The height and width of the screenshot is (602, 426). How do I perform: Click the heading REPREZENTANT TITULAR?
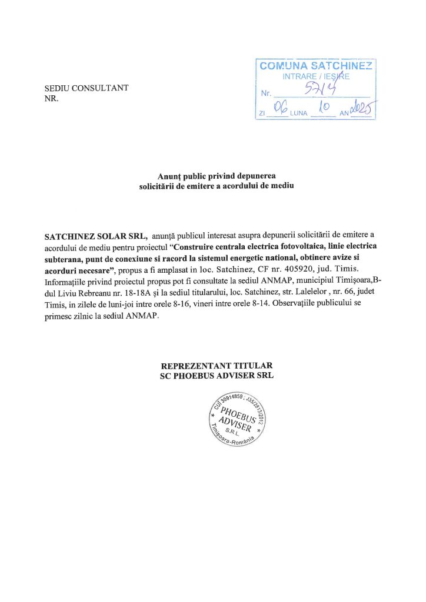[x=212, y=365]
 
